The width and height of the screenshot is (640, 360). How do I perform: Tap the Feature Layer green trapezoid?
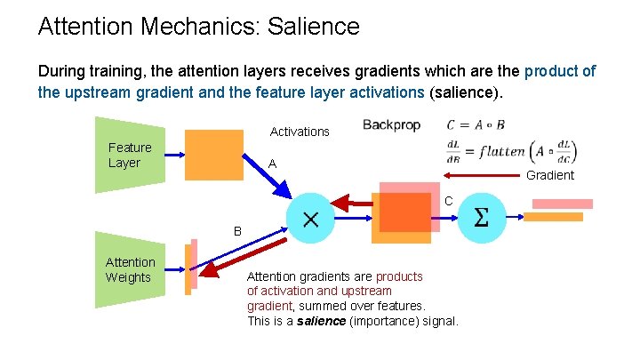tap(130, 155)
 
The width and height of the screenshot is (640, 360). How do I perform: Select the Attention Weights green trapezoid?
tap(130, 269)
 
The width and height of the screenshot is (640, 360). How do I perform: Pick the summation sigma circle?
tap(482, 218)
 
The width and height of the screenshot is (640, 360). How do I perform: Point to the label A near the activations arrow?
tap(273, 164)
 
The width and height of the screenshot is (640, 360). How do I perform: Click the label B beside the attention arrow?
tap(237, 231)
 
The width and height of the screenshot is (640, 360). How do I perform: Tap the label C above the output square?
tap(449, 202)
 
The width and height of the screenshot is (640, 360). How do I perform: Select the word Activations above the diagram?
tap(300, 132)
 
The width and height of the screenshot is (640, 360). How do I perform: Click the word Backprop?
tap(391, 125)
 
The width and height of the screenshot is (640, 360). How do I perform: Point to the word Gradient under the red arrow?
tap(550, 175)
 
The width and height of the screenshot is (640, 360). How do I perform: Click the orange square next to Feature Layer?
tap(213, 156)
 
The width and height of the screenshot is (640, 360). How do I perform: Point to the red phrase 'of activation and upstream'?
tap(319, 291)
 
